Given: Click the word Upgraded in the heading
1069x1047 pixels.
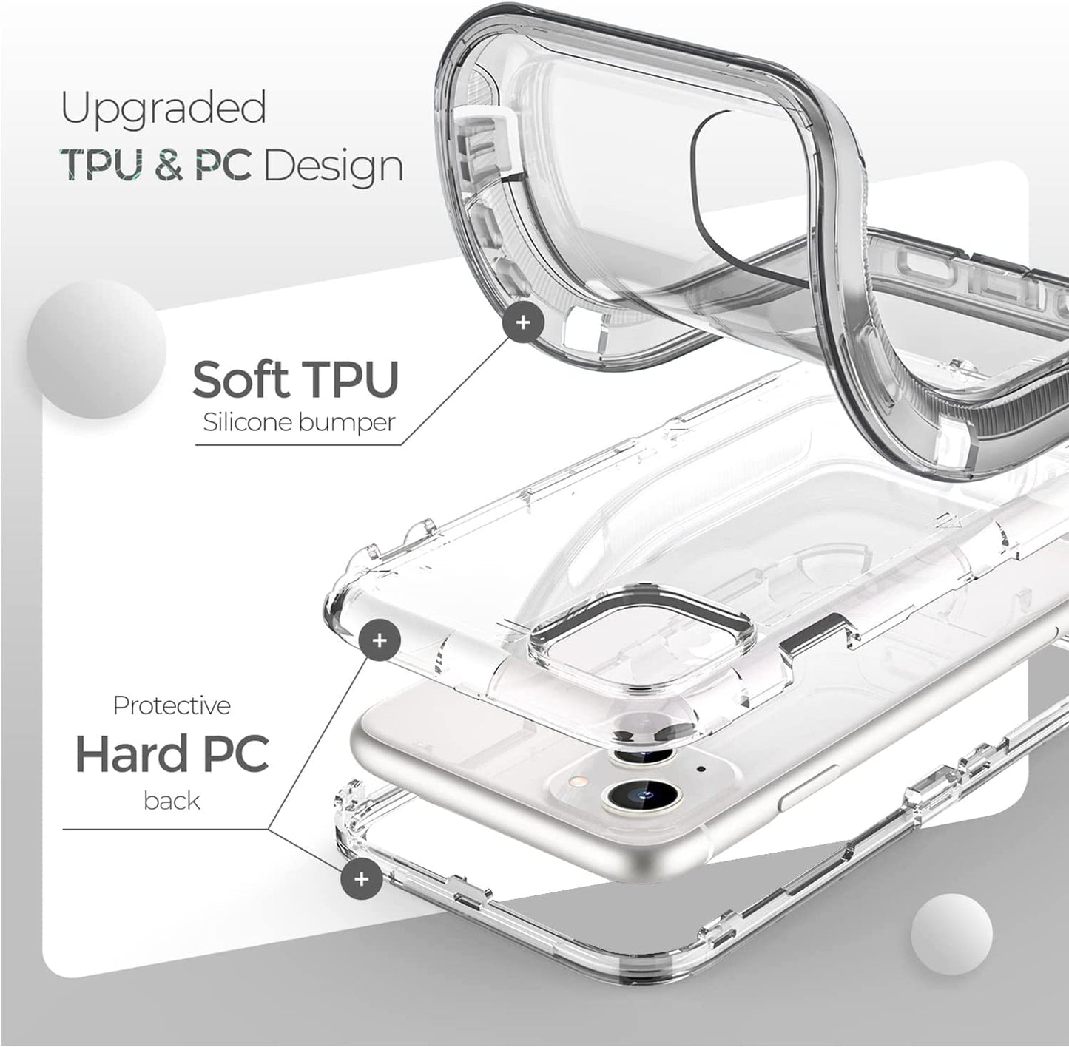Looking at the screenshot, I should (x=163, y=109).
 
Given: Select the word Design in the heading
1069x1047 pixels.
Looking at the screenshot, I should (x=334, y=166).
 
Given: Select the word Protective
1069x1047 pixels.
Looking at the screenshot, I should (x=171, y=706).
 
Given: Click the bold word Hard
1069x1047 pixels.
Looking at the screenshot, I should (x=124, y=754).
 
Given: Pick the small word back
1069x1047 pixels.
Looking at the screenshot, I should (x=172, y=801).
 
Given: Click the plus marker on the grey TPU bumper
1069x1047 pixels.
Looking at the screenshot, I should (x=523, y=322).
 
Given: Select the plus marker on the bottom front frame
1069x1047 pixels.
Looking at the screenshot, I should (x=362, y=879).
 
